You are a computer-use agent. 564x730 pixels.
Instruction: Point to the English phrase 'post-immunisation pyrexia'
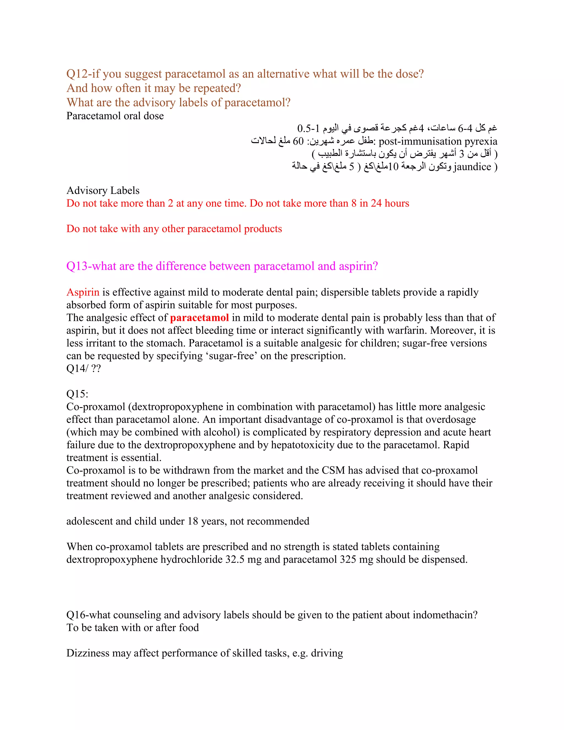pos(438,141)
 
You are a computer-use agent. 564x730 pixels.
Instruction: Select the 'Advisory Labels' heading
pos(103,191)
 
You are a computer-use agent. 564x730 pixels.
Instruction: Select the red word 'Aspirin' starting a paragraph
pos(83,293)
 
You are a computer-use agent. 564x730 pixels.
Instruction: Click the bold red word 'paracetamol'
pos(199,318)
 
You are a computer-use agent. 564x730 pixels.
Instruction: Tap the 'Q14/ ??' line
pos(83,369)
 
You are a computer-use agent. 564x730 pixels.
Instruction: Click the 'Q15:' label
pos(77,394)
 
